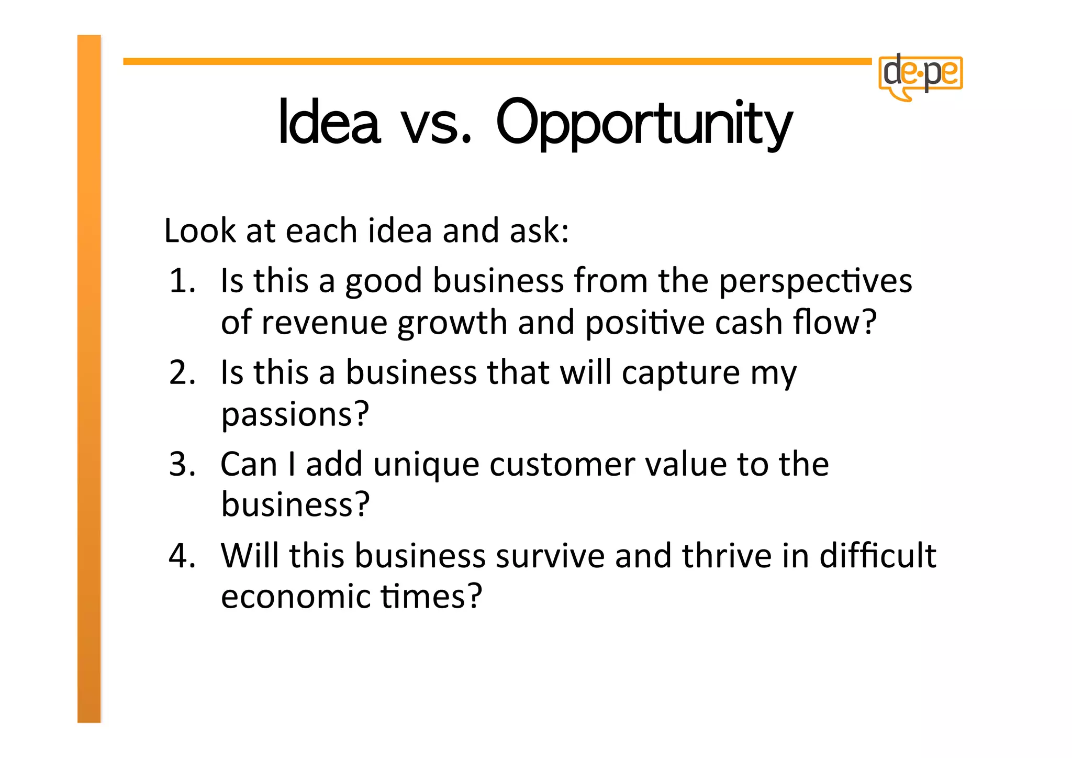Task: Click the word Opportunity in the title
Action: pos(644,124)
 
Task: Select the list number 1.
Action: pos(182,281)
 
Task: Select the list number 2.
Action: pos(182,373)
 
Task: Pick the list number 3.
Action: pos(182,464)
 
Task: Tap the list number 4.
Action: pos(182,556)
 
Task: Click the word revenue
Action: pos(324,323)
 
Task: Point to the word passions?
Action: pos(295,415)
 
